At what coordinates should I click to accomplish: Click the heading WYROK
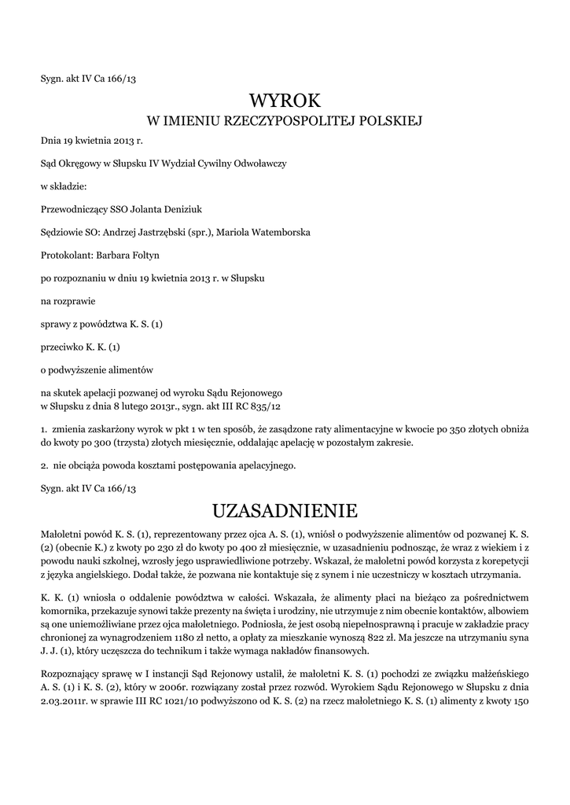[285, 100]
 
